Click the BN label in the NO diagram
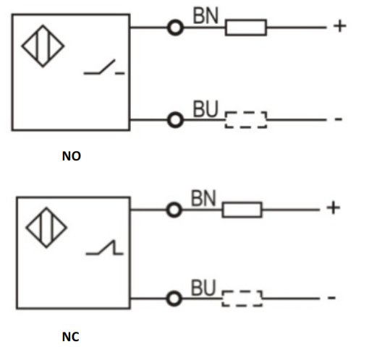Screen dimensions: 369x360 coord(205,16)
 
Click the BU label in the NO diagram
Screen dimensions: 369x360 coord(205,109)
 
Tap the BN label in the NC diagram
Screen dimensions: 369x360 coord(203,198)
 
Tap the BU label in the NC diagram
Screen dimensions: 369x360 coord(203,288)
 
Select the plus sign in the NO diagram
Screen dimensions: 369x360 coord(340,26)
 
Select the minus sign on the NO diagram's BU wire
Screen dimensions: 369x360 coord(339,119)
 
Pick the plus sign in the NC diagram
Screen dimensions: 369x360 coord(334,207)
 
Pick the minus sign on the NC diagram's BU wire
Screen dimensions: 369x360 coord(331,298)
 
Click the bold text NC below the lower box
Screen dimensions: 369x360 coord(70,337)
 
